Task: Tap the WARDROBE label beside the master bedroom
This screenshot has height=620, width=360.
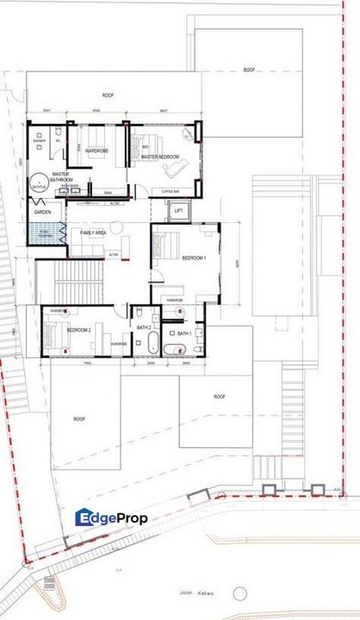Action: pyautogui.click(x=95, y=151)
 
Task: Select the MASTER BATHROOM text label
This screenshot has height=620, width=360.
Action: pyautogui.click(x=60, y=177)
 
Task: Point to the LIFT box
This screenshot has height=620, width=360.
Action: pyautogui.click(x=178, y=210)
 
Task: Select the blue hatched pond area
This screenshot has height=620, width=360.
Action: pyautogui.click(x=47, y=234)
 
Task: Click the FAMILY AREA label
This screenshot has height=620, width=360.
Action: pyautogui.click(x=94, y=233)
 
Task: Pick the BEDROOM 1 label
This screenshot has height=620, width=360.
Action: pyautogui.click(x=194, y=258)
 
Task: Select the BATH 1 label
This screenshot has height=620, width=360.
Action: pyautogui.click(x=183, y=332)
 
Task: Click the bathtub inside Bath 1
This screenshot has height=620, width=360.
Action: pyautogui.click(x=175, y=349)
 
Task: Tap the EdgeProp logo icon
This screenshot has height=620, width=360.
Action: pyautogui.click(x=84, y=518)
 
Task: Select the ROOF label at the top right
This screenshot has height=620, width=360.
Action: pyautogui.click(x=249, y=70)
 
